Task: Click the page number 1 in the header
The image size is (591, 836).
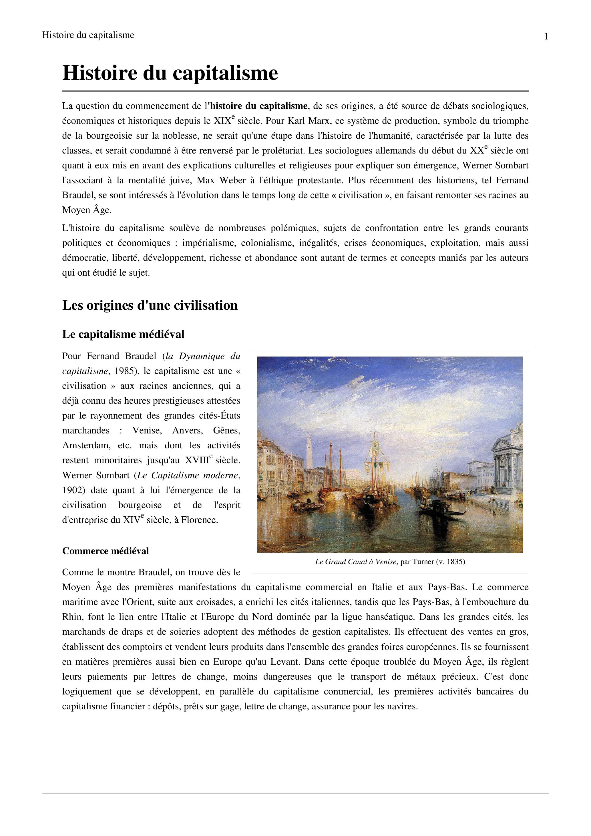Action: pos(546,36)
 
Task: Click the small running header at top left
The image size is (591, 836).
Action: pos(88,35)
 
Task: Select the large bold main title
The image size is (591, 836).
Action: pos(170,73)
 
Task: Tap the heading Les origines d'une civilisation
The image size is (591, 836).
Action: pos(150,305)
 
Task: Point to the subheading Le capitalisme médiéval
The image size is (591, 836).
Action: pos(123,334)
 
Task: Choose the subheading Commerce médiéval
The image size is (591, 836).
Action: pos(105,551)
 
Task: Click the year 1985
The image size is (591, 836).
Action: pos(126,371)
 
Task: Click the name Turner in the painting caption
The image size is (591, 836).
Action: pos(423,562)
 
